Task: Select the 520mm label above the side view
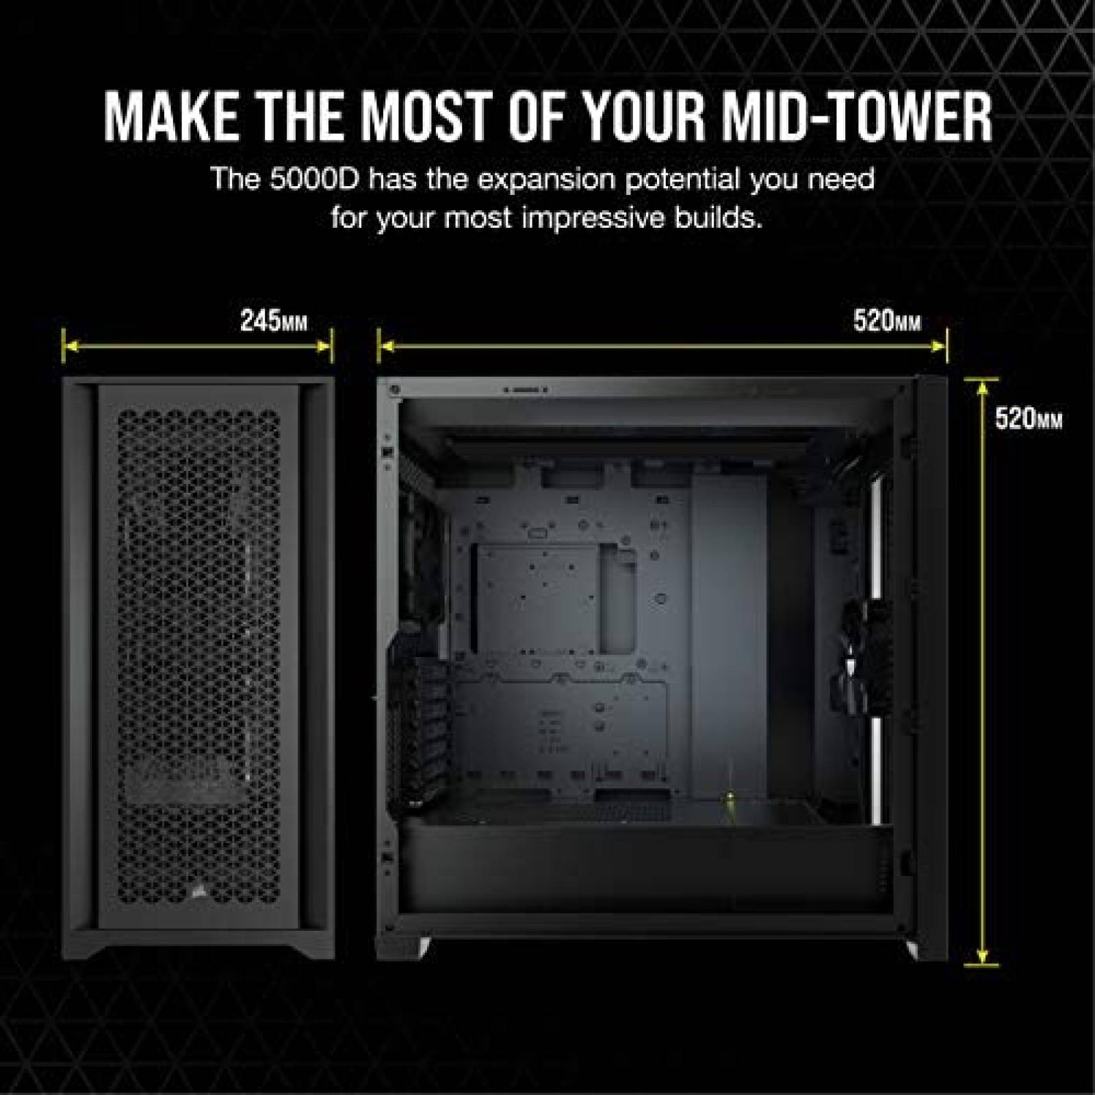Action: click(887, 321)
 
